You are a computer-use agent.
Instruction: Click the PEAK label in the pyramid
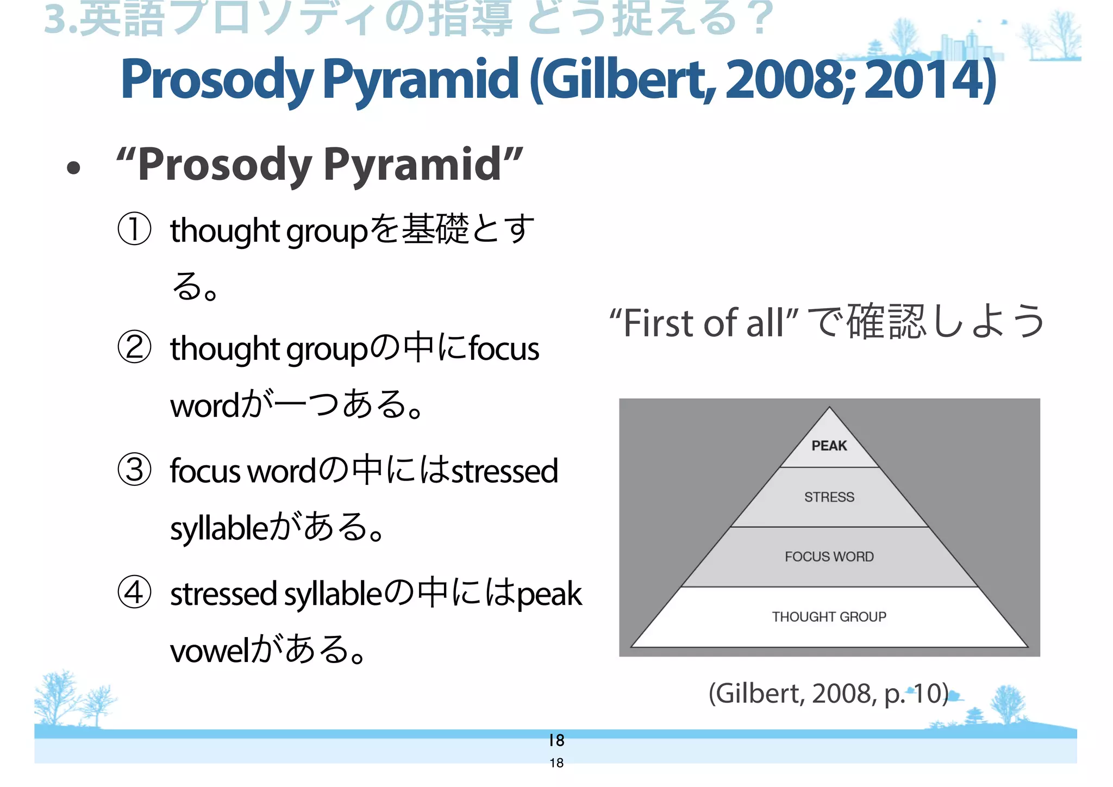(x=829, y=446)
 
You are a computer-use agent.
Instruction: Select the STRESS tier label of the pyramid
(x=829, y=497)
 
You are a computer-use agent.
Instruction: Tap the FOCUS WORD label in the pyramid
(x=829, y=557)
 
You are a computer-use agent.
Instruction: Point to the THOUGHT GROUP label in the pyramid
(x=829, y=616)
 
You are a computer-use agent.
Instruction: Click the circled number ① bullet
(x=134, y=229)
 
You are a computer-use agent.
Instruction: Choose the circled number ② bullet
(x=134, y=348)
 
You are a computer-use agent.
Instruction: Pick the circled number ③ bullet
(x=134, y=470)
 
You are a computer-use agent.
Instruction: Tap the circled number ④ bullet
(x=134, y=592)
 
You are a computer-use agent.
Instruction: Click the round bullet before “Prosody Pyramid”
(x=73, y=168)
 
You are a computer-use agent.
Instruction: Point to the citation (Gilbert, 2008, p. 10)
(x=829, y=693)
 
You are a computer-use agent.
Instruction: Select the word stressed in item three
(x=505, y=471)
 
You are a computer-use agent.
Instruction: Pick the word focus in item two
(x=504, y=349)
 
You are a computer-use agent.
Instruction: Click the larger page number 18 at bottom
(x=556, y=740)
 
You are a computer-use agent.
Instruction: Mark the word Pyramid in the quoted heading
(x=413, y=165)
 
